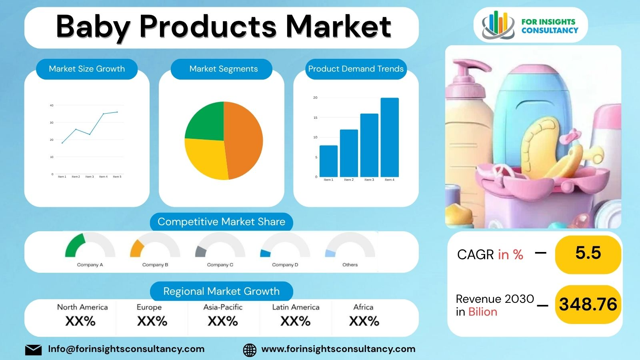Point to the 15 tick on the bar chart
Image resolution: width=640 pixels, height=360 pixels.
coord(315,118)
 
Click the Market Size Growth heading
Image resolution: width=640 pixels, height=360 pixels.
coord(87,69)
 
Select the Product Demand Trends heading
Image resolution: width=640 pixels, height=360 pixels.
coord(356,69)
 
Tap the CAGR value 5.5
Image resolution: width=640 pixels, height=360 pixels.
coord(588,253)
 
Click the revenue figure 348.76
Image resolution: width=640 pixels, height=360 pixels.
coord(588,304)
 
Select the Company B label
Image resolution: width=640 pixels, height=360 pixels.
coord(155,265)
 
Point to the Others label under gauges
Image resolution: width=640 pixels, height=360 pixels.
coord(350,265)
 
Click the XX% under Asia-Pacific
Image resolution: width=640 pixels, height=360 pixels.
coord(223,321)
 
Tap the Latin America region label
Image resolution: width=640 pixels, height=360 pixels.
coord(296,307)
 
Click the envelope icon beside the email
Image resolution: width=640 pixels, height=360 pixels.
coord(33,350)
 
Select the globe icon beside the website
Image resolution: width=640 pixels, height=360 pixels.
coord(250,350)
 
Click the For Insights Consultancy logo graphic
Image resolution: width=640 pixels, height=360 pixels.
coord(498,25)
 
